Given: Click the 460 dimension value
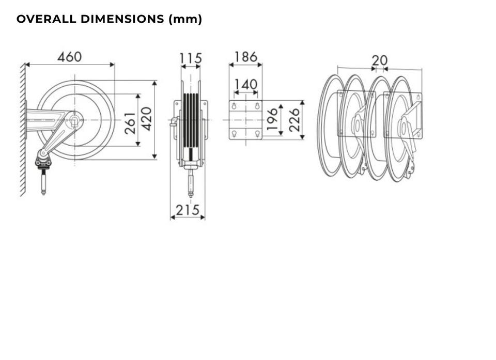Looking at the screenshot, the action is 70,57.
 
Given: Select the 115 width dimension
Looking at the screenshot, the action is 191,58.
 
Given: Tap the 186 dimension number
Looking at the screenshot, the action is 246,57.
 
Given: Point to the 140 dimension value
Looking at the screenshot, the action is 246,85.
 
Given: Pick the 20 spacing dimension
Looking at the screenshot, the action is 379,60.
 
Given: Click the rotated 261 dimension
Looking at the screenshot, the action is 130,123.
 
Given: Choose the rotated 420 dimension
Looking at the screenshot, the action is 146,119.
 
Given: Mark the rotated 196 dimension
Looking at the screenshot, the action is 272,119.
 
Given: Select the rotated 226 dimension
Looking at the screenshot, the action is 294,120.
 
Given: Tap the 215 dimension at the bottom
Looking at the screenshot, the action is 188,210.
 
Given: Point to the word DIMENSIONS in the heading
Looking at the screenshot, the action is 122,19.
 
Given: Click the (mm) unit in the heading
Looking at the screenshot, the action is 185,19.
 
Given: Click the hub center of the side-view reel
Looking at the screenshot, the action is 74,120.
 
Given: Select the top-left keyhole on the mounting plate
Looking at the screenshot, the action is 234,106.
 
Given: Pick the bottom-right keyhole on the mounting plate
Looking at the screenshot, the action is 257,134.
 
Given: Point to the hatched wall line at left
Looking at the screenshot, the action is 23,130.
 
